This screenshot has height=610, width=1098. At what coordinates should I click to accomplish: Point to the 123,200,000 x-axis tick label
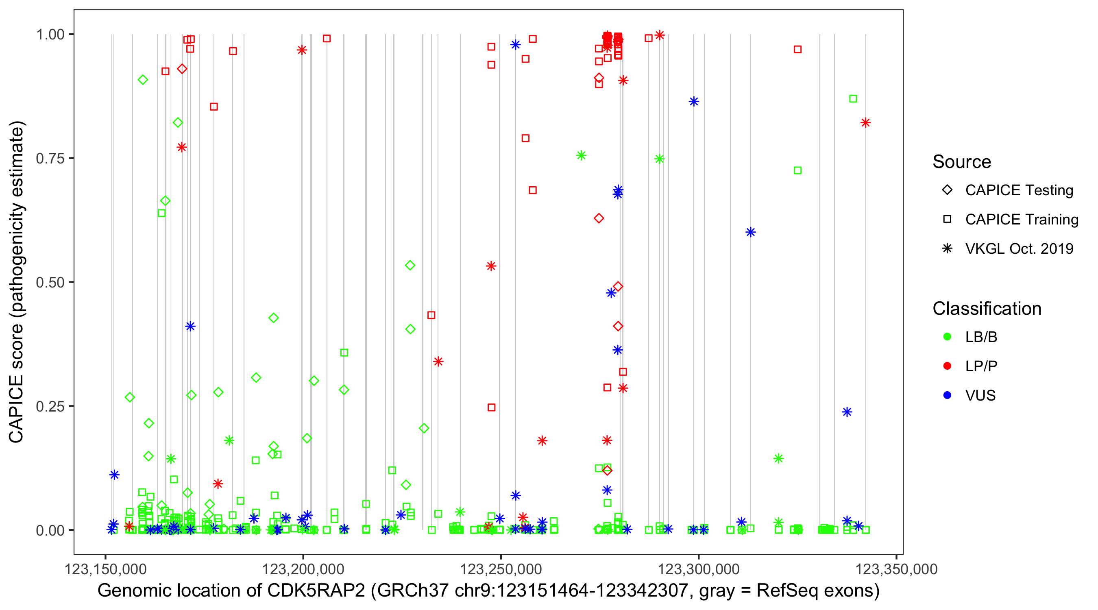[x=303, y=569]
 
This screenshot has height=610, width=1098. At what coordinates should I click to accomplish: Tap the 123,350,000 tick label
[x=896, y=569]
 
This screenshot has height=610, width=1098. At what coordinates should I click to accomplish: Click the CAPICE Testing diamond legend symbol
[x=947, y=190]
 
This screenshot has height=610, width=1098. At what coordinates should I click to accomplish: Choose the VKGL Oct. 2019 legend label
[x=1019, y=248]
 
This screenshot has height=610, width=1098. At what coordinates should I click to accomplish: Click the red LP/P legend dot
[x=947, y=366]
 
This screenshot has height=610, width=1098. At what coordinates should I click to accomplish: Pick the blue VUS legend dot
[x=947, y=396]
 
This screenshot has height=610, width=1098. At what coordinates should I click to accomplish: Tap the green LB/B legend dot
[x=947, y=337]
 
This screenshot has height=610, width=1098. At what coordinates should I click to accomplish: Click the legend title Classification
[x=987, y=309]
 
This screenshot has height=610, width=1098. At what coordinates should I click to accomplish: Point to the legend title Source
[x=962, y=162]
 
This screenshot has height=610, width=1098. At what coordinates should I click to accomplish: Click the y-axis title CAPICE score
[x=17, y=282]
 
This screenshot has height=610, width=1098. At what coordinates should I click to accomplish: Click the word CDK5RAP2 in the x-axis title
[x=316, y=591]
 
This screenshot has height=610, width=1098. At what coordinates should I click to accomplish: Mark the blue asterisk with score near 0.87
[x=694, y=101]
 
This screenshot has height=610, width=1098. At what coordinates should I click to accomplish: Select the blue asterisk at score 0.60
[x=751, y=232]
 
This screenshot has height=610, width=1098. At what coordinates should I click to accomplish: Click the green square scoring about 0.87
[x=853, y=99]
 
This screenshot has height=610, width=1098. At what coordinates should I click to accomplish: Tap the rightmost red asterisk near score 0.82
[x=865, y=123]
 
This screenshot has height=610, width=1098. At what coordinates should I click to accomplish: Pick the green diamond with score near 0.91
[x=143, y=80]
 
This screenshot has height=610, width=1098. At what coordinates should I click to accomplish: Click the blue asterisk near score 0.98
[x=515, y=44]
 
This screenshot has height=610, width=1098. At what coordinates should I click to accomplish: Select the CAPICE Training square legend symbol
[x=947, y=219]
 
